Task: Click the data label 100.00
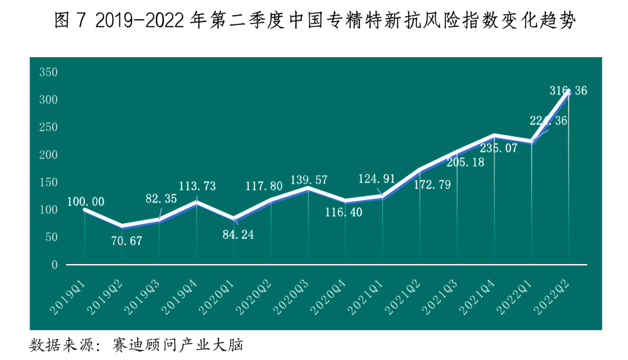tap(85, 202)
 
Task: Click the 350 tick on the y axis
tap(48, 73)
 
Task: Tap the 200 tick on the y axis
tap(48, 155)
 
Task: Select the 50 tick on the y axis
tap(51, 237)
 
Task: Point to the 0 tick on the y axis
tap(54, 265)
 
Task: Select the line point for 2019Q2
tap(122, 226)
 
